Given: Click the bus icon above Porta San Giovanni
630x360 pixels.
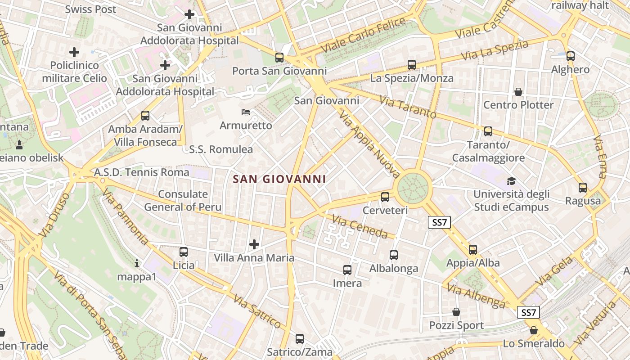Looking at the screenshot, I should (279, 58).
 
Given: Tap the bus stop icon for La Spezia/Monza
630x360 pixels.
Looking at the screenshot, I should (412, 65).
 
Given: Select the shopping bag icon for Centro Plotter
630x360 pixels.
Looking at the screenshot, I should (518, 92).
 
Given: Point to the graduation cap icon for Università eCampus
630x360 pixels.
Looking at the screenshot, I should (511, 181).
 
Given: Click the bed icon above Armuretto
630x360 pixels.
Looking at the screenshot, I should (246, 112).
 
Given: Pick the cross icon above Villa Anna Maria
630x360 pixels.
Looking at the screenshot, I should (254, 244).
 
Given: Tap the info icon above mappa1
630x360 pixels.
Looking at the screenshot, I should (137, 263).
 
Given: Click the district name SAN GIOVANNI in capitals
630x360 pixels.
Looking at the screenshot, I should (279, 179).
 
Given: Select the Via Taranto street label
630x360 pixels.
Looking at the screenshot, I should (408, 107).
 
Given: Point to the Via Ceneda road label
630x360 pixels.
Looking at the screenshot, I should (360, 226).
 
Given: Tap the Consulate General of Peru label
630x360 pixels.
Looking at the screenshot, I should (183, 201).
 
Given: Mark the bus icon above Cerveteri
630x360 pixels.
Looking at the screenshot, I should (385, 197).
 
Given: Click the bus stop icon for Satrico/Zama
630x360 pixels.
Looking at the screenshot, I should (300, 339).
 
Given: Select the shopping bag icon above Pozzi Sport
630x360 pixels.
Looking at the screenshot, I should (456, 312).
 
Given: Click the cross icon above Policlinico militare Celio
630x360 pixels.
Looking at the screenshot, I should (74, 53).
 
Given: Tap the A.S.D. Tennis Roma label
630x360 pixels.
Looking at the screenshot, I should (142, 172).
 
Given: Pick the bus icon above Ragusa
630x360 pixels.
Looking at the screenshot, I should (583, 187).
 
